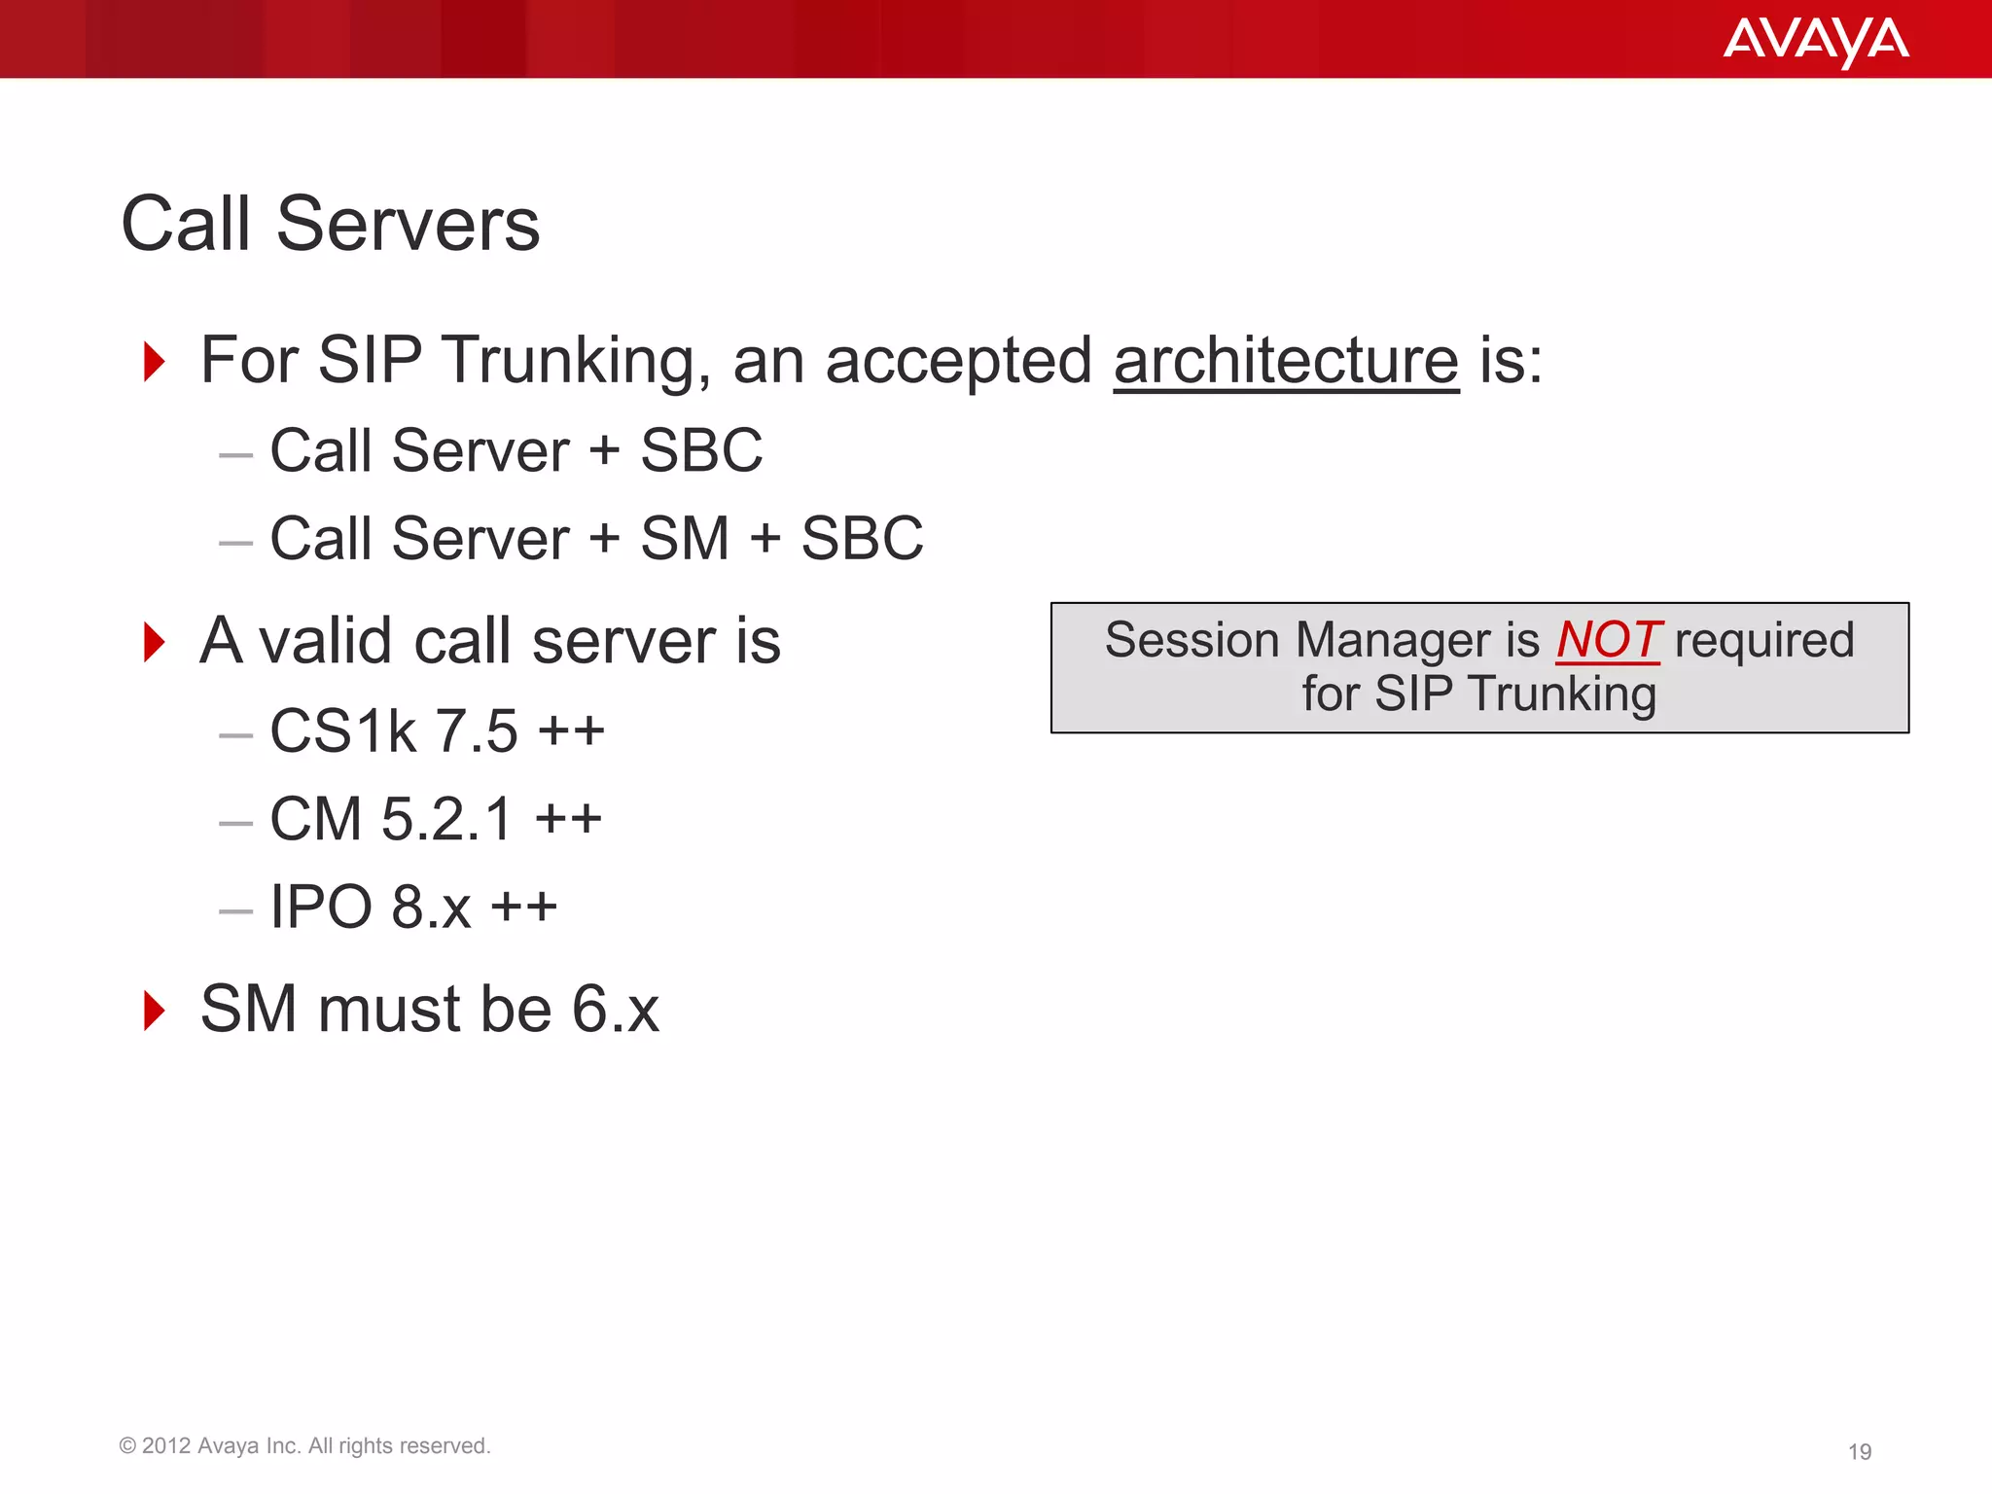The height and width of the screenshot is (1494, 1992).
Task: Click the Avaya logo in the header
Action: click(1815, 41)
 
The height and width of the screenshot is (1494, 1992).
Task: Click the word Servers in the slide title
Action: click(408, 225)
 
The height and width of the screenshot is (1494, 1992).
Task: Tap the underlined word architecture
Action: click(1286, 361)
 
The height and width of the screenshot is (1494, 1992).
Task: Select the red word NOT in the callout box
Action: click(1608, 640)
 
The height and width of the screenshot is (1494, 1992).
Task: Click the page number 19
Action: click(1859, 1451)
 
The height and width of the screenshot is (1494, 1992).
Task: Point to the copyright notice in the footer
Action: click(304, 1445)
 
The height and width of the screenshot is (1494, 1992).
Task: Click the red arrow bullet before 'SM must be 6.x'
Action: click(154, 1011)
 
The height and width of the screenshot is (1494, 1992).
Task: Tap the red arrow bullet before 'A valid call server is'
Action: click(154, 643)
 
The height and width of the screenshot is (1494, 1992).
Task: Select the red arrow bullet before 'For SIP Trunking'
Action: click(154, 362)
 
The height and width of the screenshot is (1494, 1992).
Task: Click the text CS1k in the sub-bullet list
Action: click(342, 731)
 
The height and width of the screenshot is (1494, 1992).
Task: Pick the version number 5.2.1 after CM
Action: click(446, 819)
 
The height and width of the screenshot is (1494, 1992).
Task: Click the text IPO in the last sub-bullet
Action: click(321, 907)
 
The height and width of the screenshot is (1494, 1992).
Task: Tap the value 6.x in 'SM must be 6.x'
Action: click(615, 1010)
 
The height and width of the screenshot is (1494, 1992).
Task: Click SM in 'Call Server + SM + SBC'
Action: click(685, 539)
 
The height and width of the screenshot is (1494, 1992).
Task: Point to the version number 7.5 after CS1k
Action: click(476, 731)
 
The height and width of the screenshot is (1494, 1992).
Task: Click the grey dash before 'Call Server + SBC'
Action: click(235, 454)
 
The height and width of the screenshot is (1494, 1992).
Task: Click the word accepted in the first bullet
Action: click(958, 361)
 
